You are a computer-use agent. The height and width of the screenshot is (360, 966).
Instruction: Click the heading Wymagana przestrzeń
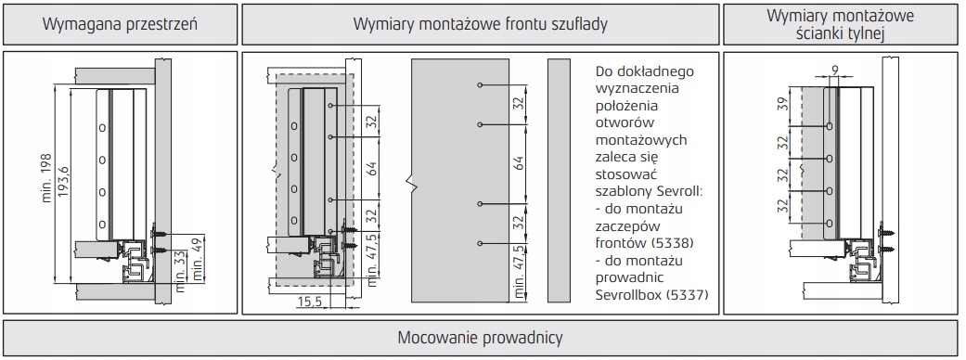[x=120, y=25]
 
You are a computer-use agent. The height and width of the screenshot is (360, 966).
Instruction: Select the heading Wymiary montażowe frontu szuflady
[x=481, y=25]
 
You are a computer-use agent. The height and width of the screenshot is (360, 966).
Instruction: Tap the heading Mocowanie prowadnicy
[x=480, y=338]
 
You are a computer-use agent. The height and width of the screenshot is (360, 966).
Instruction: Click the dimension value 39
[x=783, y=105]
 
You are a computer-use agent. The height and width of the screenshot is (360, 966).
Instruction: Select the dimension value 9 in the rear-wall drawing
[x=835, y=71]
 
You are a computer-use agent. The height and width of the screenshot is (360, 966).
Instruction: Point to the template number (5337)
[x=686, y=295]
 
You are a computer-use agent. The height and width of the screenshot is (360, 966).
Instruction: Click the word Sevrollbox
[x=627, y=295]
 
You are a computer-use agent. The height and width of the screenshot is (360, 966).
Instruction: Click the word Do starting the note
[x=605, y=71]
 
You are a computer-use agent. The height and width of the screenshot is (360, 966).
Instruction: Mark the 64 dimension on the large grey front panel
[x=519, y=163]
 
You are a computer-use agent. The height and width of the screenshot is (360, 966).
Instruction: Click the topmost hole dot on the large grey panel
[x=479, y=85]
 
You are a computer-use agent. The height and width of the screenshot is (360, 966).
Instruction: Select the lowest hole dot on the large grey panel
[x=479, y=242]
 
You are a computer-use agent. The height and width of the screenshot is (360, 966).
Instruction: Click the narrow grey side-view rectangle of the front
[x=560, y=181]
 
